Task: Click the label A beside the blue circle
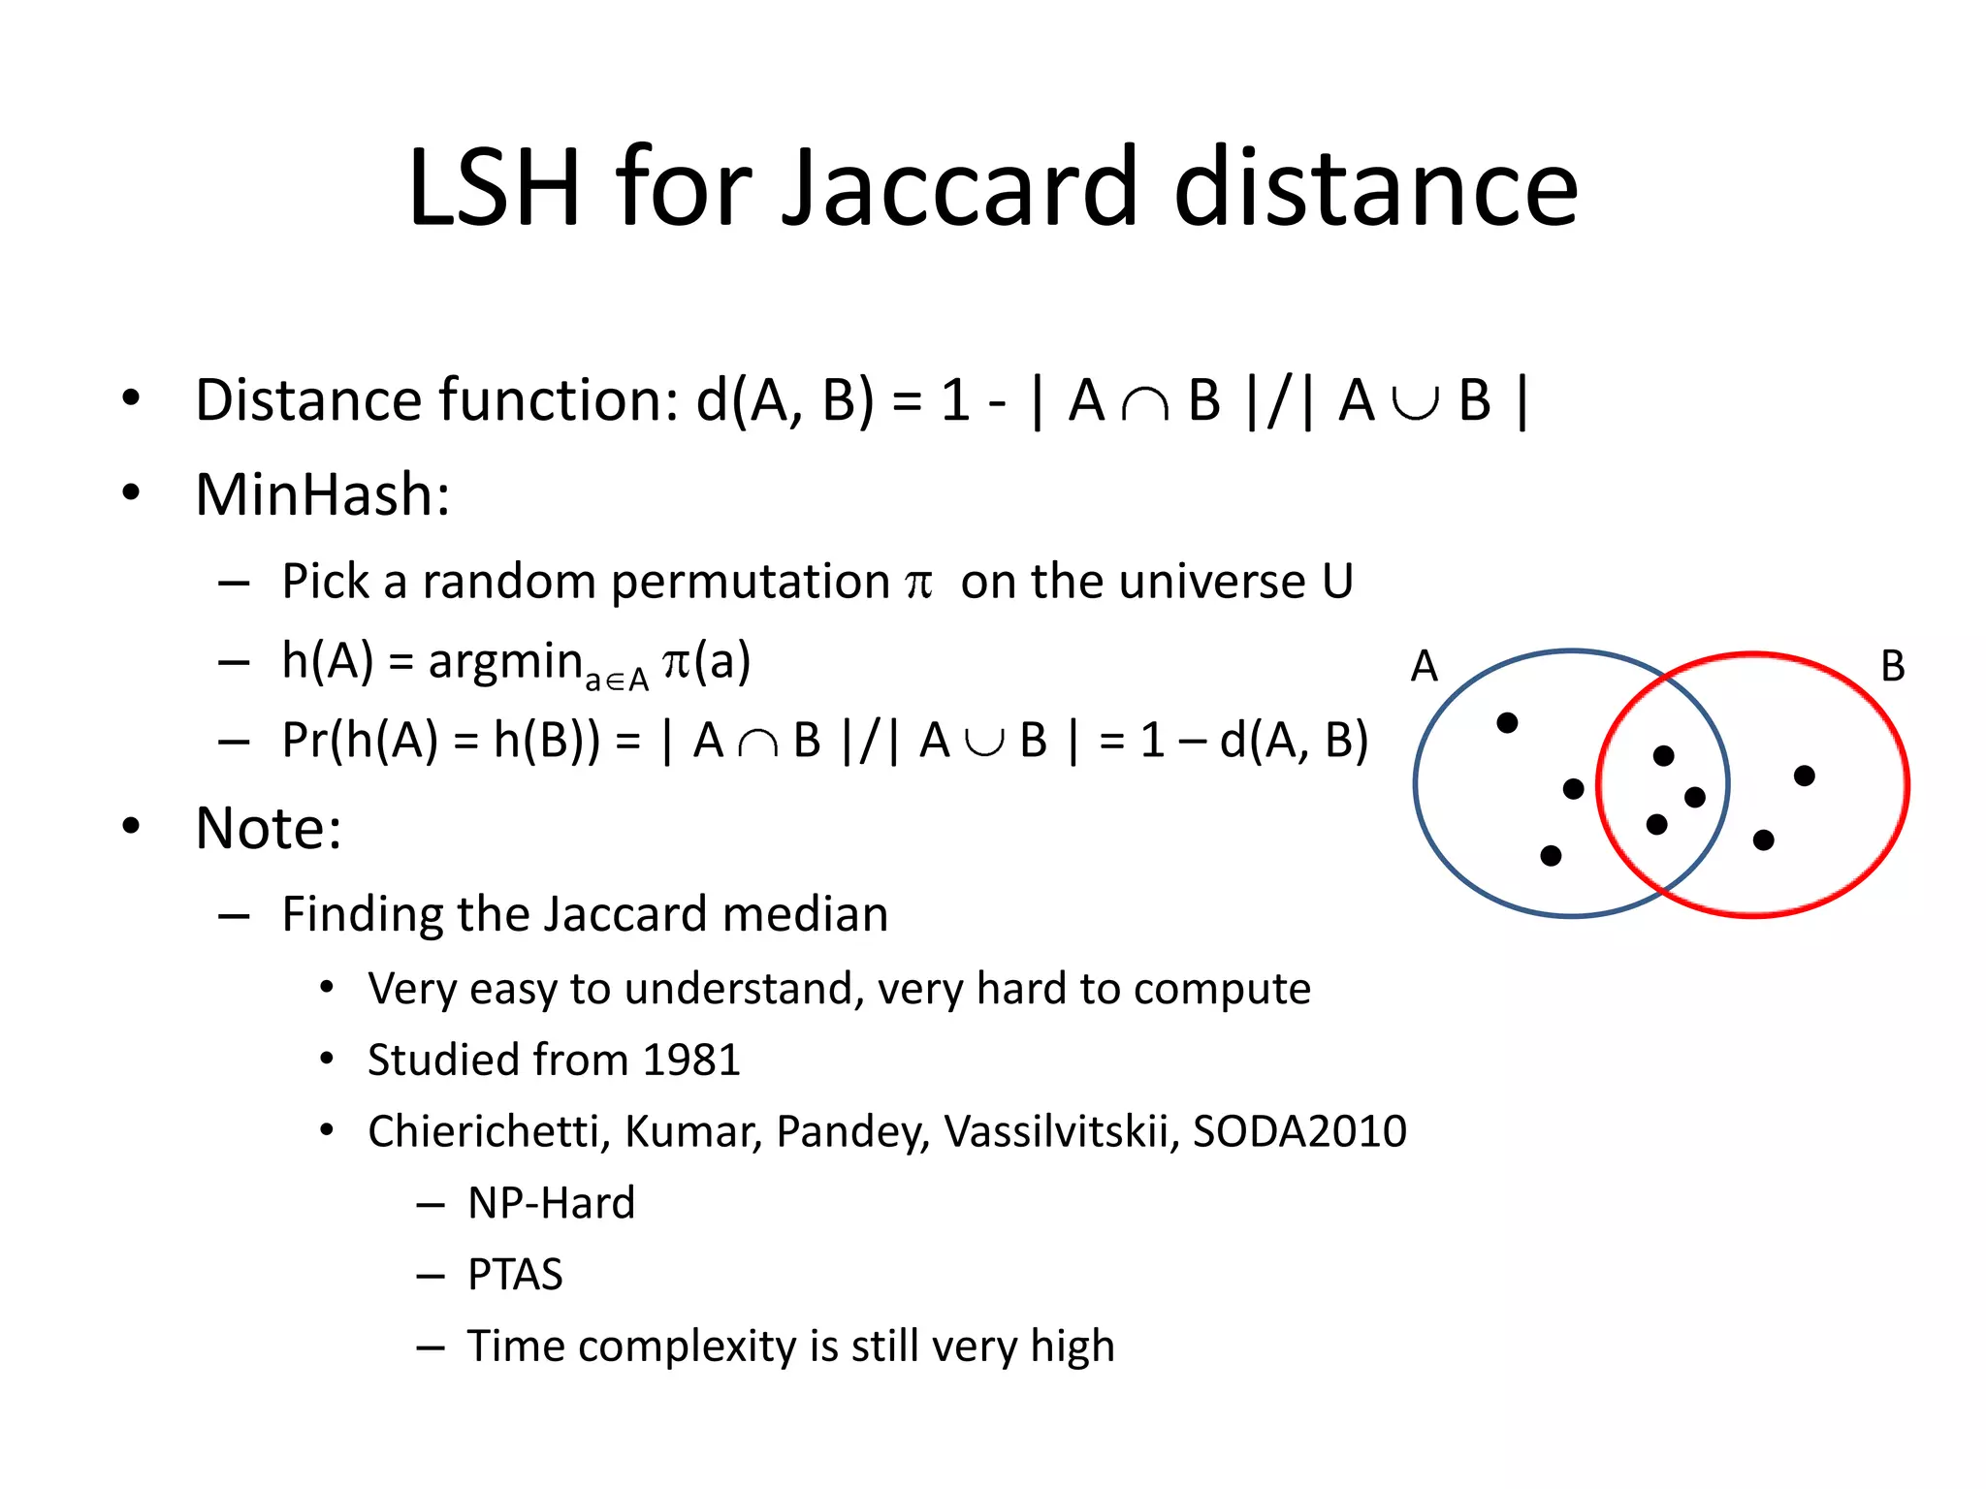coord(1424,667)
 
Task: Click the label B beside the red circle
coord(1892,667)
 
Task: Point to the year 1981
coord(690,1060)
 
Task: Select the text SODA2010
coord(1298,1131)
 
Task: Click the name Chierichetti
coord(488,1131)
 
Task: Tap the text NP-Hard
coord(551,1203)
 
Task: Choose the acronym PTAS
coord(515,1275)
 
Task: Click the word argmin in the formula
coord(504,663)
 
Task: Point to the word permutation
coord(750,583)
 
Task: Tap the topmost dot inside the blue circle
coord(1507,722)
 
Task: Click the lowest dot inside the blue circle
coord(1551,855)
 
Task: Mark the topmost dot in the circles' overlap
coord(1664,755)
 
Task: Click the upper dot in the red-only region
coord(1804,776)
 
